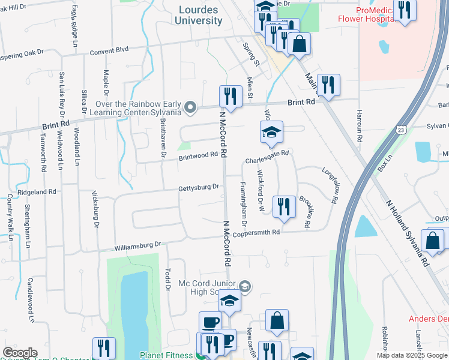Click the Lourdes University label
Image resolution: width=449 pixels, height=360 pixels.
pyautogui.click(x=199, y=15)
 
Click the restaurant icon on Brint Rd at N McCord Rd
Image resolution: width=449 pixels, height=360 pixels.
pyautogui.click(x=230, y=97)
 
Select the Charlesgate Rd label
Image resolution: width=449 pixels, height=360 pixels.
pyautogui.click(x=267, y=154)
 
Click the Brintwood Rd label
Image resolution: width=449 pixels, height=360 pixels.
pyautogui.click(x=197, y=155)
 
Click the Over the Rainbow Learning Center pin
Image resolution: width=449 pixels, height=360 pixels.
pyautogui.click(x=191, y=108)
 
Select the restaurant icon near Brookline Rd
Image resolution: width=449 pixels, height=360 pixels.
pyautogui.click(x=283, y=206)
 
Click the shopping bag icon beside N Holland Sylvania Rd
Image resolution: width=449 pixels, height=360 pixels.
pyautogui.click(x=432, y=241)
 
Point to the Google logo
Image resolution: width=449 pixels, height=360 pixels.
pyautogui.click(x=20, y=353)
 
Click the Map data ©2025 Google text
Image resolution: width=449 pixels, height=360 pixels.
pyautogui.click(x=412, y=355)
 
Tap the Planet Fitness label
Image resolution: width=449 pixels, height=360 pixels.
pyautogui.click(x=167, y=355)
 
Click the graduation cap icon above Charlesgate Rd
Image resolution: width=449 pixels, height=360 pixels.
pyautogui.click(x=271, y=132)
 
